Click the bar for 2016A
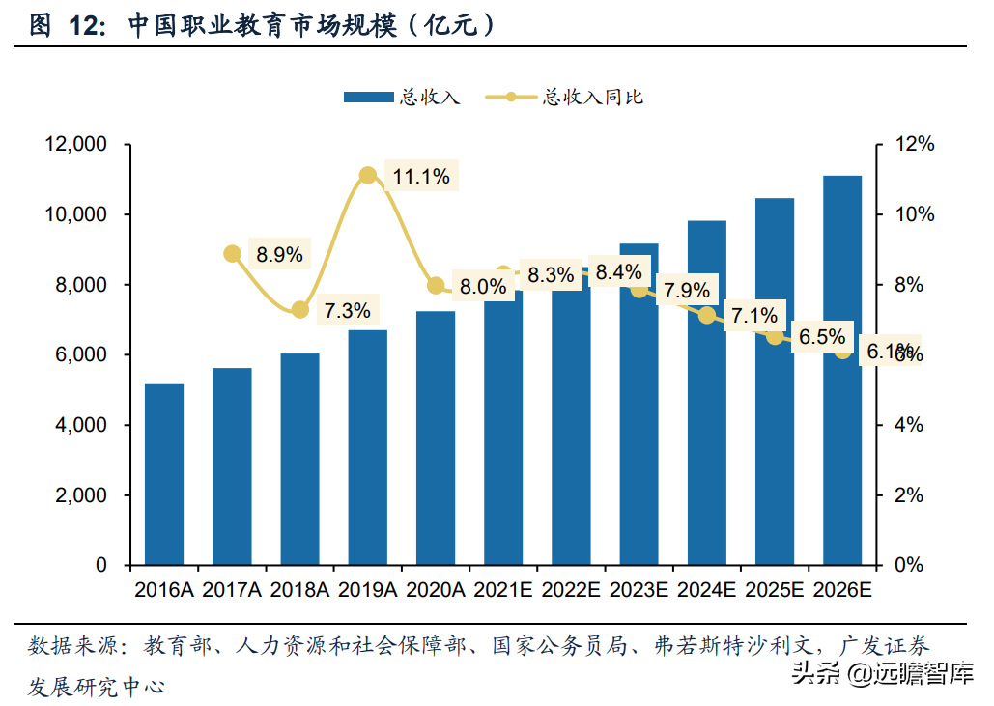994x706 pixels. (x=164, y=474)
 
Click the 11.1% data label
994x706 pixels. (x=421, y=176)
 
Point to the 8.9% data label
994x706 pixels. (x=279, y=255)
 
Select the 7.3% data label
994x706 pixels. (x=347, y=311)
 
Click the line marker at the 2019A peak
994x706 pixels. (x=367, y=175)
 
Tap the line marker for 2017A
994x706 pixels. (x=232, y=254)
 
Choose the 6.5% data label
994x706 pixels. (x=822, y=337)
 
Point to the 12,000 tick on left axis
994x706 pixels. (x=74, y=144)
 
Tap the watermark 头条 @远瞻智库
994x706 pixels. (x=882, y=672)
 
